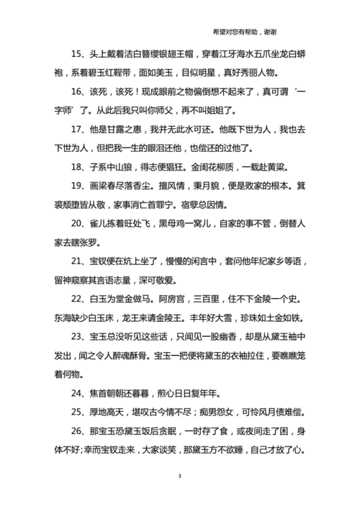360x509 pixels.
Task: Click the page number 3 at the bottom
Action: pyautogui.click(x=180, y=477)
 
